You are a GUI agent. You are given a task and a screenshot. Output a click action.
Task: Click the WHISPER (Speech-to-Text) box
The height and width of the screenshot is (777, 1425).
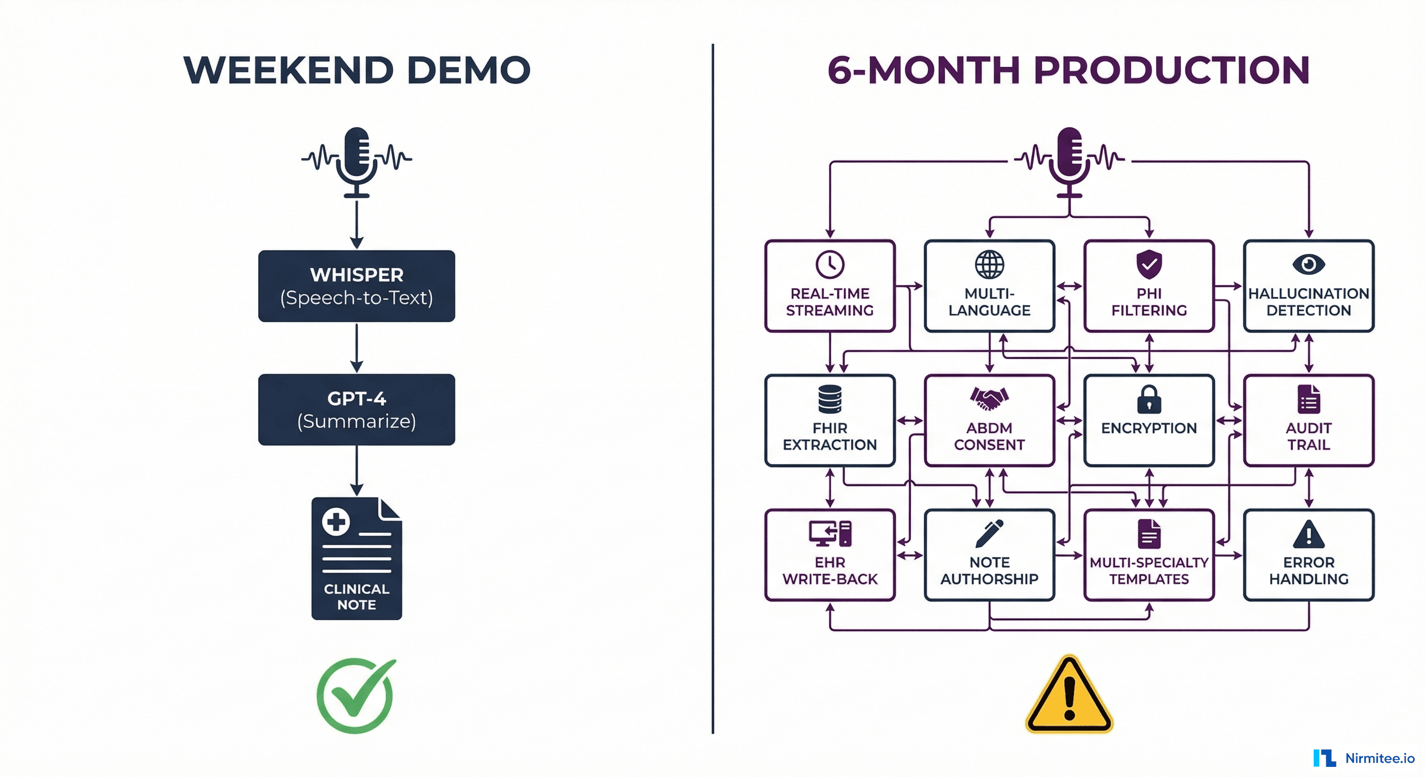tap(356, 286)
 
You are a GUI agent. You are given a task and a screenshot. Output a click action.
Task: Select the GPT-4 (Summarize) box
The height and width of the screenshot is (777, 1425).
tap(356, 410)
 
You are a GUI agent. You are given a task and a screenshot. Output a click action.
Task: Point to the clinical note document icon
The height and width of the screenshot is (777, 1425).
tap(356, 558)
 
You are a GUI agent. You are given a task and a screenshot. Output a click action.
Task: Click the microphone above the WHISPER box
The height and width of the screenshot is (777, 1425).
tap(356, 161)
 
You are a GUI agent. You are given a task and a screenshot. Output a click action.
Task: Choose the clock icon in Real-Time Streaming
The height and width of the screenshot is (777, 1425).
tap(830, 265)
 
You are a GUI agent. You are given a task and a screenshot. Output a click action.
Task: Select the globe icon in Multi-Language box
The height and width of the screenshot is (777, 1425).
tap(989, 265)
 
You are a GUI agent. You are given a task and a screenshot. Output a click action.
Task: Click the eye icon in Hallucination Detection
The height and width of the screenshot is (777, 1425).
tap(1308, 265)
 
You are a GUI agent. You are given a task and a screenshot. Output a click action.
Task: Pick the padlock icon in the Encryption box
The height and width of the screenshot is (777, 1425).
tap(1149, 399)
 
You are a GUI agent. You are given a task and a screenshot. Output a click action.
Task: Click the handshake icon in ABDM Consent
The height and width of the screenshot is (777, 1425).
tap(989, 398)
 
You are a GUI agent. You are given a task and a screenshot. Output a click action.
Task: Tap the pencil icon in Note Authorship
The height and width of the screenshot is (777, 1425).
tap(989, 533)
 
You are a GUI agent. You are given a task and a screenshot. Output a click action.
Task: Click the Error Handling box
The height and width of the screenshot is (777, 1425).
tap(1308, 555)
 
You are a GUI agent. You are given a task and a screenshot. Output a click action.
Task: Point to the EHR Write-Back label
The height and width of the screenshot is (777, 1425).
tap(830, 571)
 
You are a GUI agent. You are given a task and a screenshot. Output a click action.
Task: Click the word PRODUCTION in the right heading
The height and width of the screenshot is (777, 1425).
tap(1171, 70)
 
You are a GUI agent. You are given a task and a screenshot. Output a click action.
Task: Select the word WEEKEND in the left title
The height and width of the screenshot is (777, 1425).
tap(289, 70)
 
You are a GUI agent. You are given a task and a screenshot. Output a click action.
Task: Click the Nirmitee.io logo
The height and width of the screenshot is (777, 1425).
tap(1364, 758)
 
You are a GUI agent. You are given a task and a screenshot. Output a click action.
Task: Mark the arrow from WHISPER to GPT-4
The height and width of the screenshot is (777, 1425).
tap(357, 348)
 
